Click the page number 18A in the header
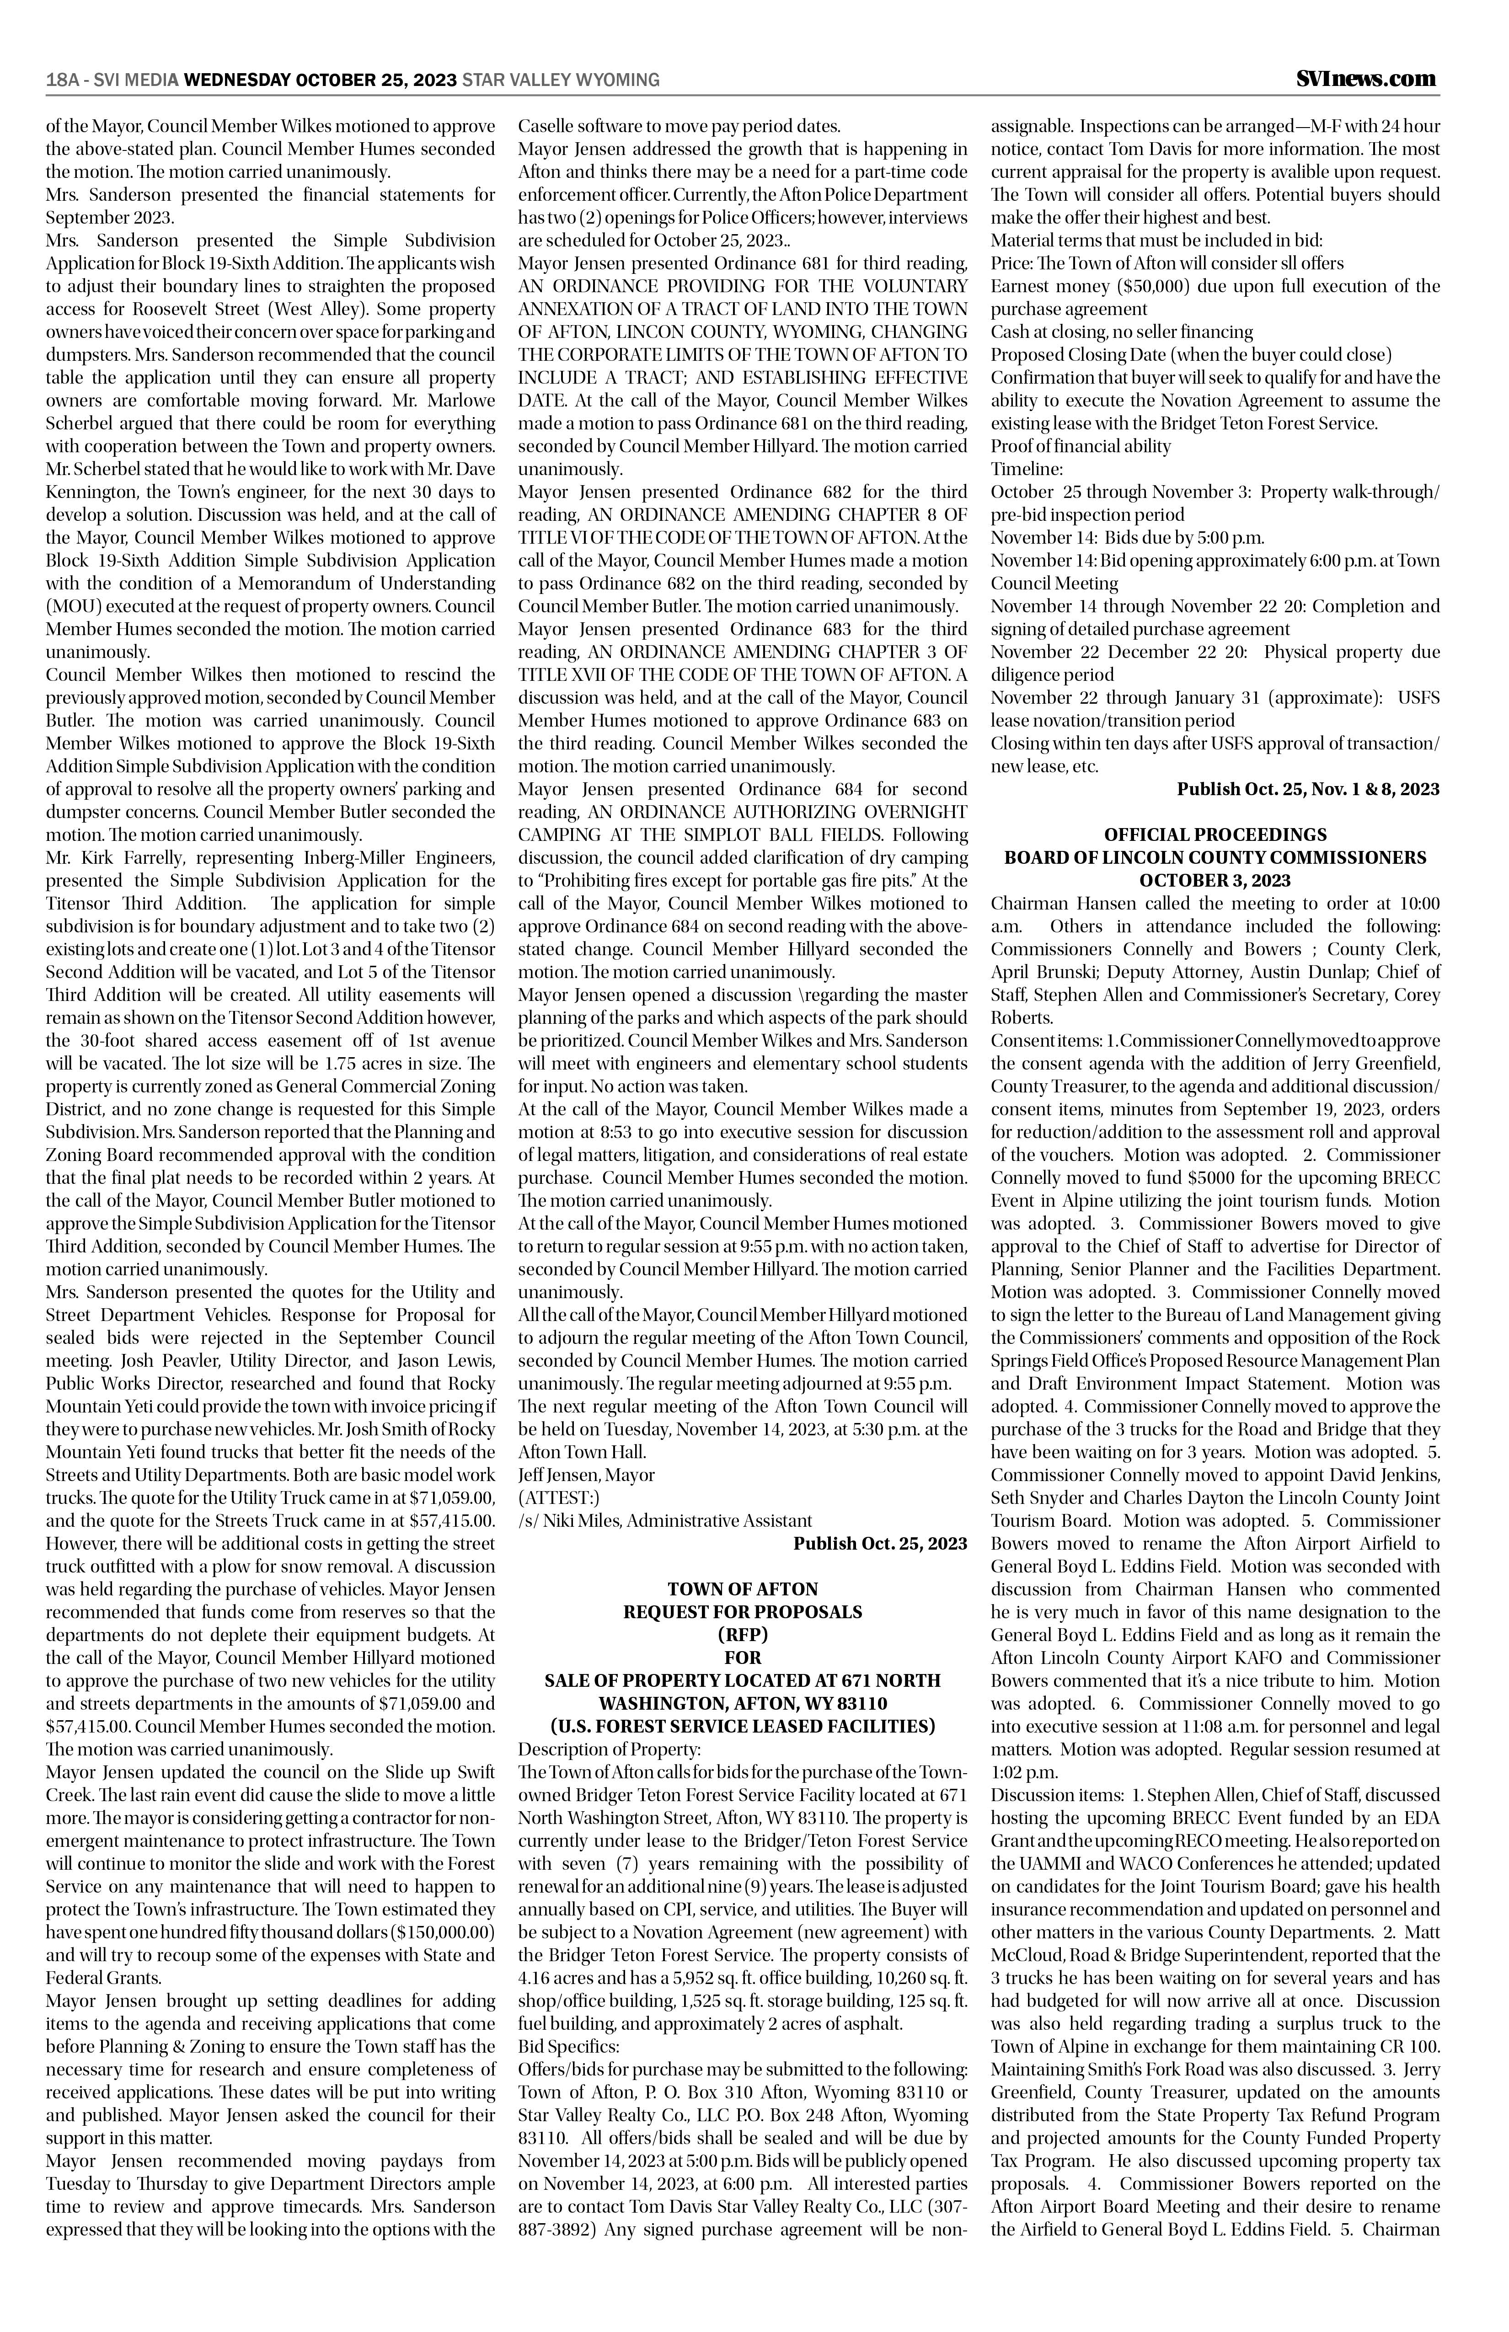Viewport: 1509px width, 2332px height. [62, 80]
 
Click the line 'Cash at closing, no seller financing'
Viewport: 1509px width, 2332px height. [1122, 332]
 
